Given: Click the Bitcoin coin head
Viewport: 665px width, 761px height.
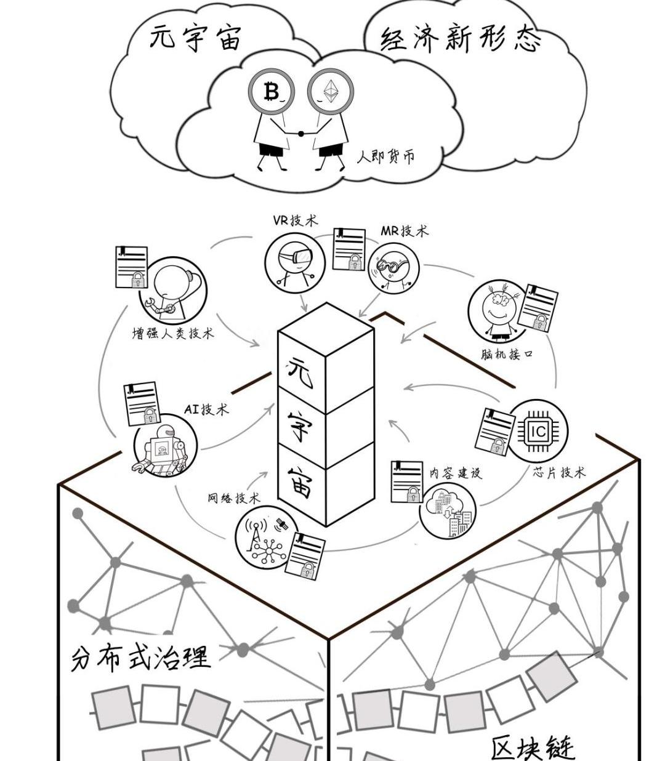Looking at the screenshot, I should click(271, 93).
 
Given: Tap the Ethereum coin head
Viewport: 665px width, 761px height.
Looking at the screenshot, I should click(331, 93).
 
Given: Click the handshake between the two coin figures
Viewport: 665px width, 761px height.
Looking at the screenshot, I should click(301, 132).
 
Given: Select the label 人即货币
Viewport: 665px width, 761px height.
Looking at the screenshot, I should click(386, 156).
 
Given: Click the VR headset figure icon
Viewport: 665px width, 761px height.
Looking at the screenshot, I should click(295, 262).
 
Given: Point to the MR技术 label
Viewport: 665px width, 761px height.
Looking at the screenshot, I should click(404, 231).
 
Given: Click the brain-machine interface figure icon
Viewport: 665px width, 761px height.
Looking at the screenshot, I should click(496, 311).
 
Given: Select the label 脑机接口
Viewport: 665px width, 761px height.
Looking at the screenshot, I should click(507, 355).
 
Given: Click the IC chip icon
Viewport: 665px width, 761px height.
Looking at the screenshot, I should click(538, 431).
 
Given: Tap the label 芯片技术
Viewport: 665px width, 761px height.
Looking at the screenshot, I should click(558, 472).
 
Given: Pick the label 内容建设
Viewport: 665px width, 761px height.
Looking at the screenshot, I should click(456, 473).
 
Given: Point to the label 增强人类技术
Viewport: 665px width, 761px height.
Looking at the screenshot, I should click(173, 334).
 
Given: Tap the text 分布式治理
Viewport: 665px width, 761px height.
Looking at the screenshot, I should click(141, 657).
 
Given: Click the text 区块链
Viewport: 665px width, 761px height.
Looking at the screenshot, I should click(532, 747).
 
